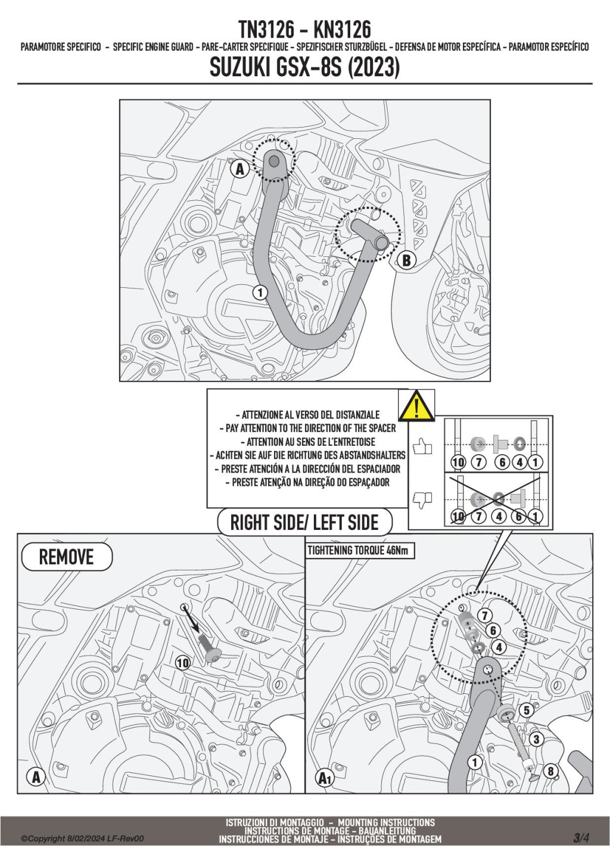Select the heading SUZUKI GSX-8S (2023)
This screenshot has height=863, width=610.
coord(304,67)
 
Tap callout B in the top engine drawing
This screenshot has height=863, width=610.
coord(406,260)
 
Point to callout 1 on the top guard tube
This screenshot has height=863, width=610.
coord(259,292)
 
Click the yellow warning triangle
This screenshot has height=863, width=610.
coord(416,406)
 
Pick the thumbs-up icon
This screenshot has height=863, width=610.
coord(422,446)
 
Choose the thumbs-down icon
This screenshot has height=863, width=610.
coord(422,499)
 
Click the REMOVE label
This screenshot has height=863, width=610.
coord(66,557)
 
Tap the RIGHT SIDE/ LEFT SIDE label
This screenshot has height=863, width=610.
coord(304,523)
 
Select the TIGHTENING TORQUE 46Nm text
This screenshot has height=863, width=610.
coord(358,551)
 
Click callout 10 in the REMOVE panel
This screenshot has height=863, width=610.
coord(183,662)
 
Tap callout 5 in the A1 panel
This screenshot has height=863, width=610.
coord(527,710)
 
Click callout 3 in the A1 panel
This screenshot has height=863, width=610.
coord(536,740)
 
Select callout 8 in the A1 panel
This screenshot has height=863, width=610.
coord(550,771)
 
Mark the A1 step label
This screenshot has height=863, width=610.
coord(325,778)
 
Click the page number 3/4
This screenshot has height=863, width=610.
coord(581,837)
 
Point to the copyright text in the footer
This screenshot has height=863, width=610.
coord(82,839)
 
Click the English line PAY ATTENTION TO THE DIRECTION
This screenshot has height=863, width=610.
coord(310,428)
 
